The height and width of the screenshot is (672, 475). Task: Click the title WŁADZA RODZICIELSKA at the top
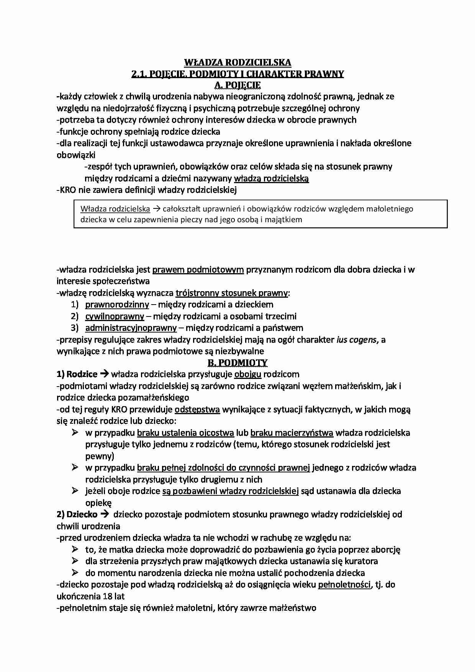pos(237,62)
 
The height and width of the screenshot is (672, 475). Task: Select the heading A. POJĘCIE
pos(237,85)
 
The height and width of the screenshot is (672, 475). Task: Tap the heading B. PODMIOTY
pos(237,362)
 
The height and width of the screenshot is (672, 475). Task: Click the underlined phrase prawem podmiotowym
pos(198,269)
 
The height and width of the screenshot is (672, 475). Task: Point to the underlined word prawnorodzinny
pos(117,305)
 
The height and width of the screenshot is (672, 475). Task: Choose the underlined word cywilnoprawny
pos(115,316)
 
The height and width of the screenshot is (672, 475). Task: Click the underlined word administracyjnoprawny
pos(131,328)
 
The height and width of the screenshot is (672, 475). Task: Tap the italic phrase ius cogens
pos(356,339)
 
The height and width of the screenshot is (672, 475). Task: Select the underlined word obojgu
pos(248,374)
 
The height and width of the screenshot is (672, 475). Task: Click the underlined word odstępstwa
pos(197,410)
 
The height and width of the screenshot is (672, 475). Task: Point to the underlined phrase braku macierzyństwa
pos(292,433)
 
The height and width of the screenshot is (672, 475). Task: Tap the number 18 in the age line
pos(108,597)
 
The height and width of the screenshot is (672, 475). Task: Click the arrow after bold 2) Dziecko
pos(105,515)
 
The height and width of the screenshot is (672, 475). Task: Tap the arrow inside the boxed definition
pos(156,209)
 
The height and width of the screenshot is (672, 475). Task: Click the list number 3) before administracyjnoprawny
pos(74,328)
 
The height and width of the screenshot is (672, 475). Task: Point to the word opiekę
pos(98,503)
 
